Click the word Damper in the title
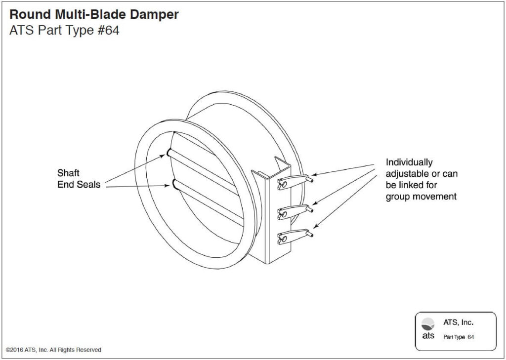click(x=152, y=15)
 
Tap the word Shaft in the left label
click(x=68, y=174)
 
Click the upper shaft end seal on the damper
click(x=169, y=153)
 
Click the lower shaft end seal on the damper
click(x=174, y=185)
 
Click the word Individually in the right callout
click(x=409, y=162)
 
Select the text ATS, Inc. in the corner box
click(x=458, y=322)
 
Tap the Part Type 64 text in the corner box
click(x=459, y=337)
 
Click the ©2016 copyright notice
click(x=53, y=350)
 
